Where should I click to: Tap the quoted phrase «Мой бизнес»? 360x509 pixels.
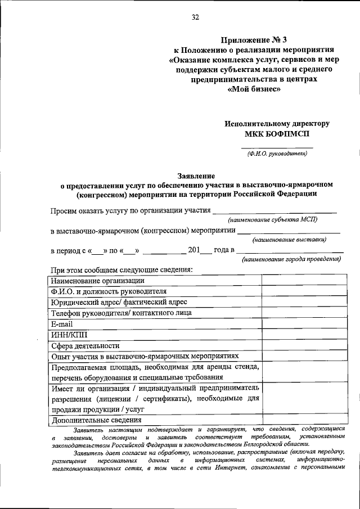point(253,89)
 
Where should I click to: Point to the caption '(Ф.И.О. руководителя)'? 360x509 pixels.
point(277,153)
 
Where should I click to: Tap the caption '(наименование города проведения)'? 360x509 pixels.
point(291,260)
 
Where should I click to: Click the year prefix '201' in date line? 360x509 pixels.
point(194,249)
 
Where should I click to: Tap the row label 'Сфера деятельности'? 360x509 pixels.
point(85,346)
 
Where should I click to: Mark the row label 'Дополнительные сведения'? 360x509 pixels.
point(96,420)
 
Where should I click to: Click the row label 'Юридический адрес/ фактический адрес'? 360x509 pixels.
point(115,302)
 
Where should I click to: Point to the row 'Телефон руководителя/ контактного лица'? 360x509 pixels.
point(121,313)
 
